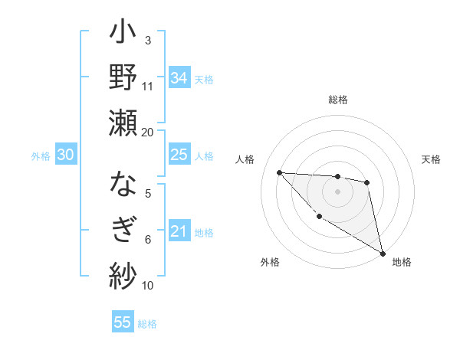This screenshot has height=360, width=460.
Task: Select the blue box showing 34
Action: pyautogui.click(x=179, y=78)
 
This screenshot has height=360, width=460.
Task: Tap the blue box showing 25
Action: pyautogui.click(x=179, y=155)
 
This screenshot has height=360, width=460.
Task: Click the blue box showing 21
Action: pyautogui.click(x=179, y=232)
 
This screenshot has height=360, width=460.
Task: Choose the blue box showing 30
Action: pyautogui.click(x=65, y=155)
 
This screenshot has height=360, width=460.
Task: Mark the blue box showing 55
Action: pyautogui.click(x=123, y=322)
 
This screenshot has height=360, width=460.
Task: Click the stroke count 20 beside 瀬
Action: pyautogui.click(x=148, y=132)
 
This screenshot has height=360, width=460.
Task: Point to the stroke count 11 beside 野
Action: pyautogui.click(x=148, y=86)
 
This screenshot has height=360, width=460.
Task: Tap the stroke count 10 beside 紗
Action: pyautogui.click(x=148, y=285)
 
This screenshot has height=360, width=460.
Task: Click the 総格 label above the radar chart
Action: pyautogui.click(x=338, y=100)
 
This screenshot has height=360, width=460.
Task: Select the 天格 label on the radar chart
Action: pyautogui.click(x=432, y=159)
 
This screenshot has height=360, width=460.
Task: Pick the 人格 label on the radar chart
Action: pyautogui.click(x=245, y=159)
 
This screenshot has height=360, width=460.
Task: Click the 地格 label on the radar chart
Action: pyautogui.click(x=402, y=262)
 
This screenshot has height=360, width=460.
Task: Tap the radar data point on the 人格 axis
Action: pyautogui.click(x=279, y=172)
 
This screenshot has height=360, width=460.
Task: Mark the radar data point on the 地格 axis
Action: pyautogui.click(x=383, y=254)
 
